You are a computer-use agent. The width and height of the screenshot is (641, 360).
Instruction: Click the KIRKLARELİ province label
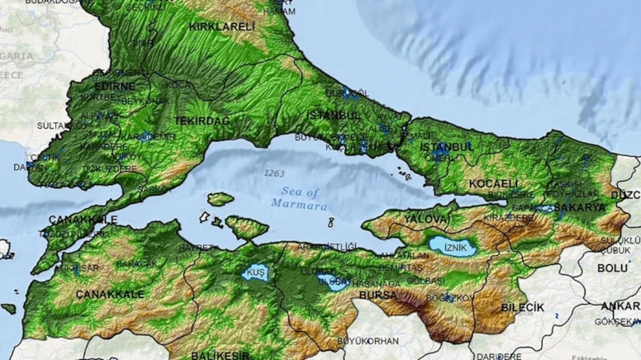(x=223, y=26)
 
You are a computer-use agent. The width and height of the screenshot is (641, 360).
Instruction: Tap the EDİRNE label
(x=115, y=86)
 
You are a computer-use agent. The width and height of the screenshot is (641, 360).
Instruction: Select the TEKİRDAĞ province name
(x=202, y=121)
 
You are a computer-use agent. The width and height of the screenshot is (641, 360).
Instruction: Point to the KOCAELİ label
(x=494, y=182)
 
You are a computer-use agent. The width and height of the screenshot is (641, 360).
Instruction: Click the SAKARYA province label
(x=579, y=207)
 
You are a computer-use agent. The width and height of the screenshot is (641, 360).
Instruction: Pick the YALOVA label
(x=427, y=218)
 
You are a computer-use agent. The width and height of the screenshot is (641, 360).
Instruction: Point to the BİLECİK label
(x=522, y=307)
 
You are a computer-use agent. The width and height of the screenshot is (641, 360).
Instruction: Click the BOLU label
(x=612, y=268)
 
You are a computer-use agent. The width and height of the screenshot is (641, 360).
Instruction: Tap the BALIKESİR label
(x=221, y=355)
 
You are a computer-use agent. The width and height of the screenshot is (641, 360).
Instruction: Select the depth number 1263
(x=273, y=173)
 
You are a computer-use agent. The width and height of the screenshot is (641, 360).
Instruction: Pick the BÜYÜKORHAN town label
(x=368, y=340)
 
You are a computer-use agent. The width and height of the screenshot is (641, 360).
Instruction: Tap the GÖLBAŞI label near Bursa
(x=425, y=281)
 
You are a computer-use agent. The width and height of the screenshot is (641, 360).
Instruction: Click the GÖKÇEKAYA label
(x=618, y=321)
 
